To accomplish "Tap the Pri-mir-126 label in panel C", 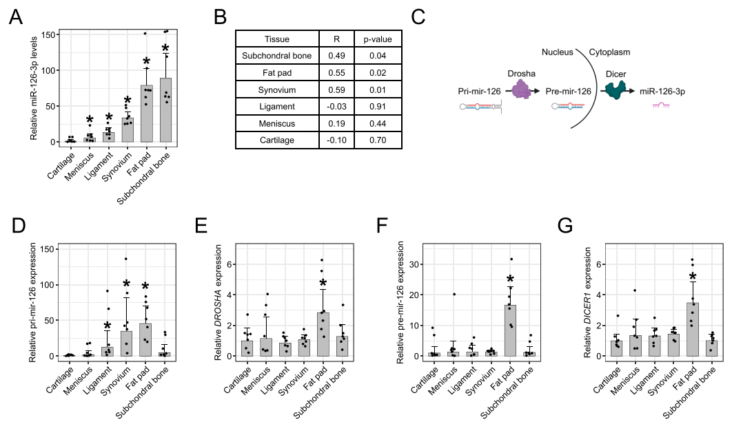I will point(478,92).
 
